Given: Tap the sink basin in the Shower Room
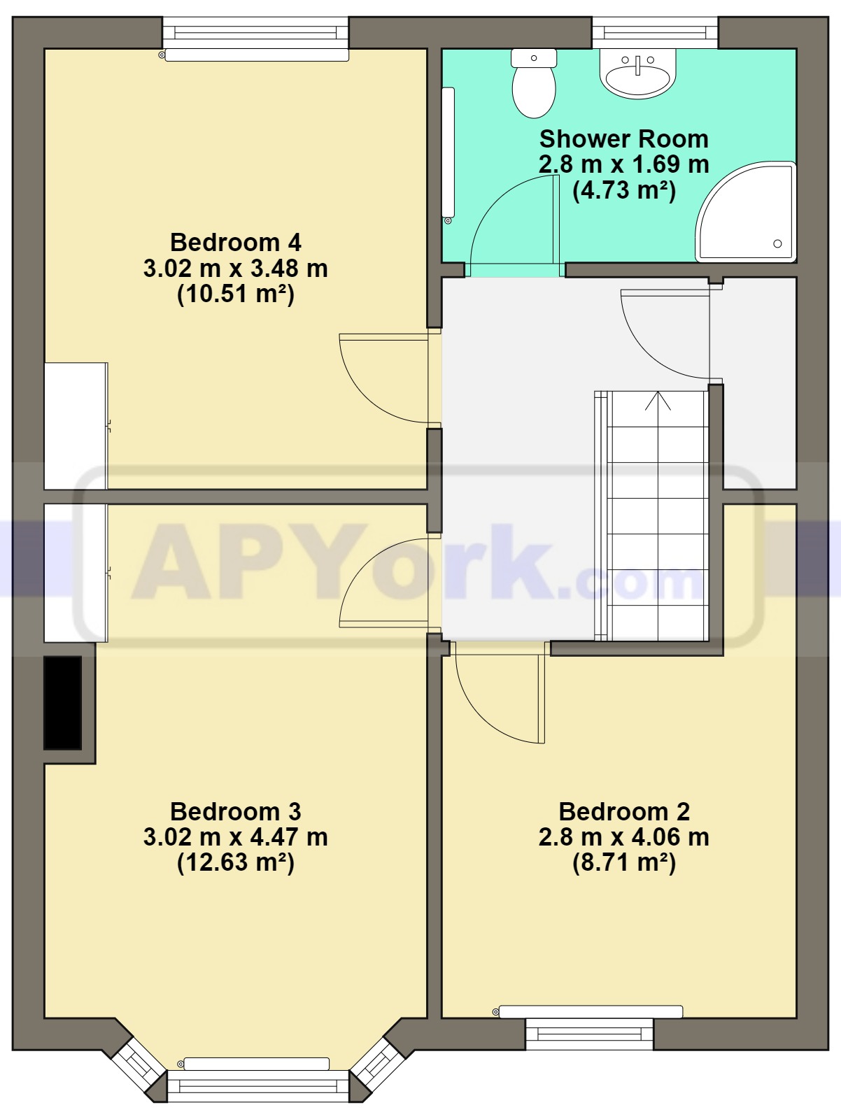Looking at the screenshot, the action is pyautogui.click(x=637, y=74).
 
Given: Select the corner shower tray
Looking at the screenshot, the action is pyautogui.click(x=746, y=211).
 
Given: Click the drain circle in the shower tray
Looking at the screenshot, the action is pyautogui.click(x=777, y=243).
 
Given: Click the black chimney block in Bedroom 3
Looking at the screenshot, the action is pyautogui.click(x=63, y=702).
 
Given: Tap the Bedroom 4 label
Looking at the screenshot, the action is pyautogui.click(x=236, y=242).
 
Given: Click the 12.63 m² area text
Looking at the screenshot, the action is pyautogui.click(x=236, y=864).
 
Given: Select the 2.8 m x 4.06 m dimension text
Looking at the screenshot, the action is pyautogui.click(x=623, y=837).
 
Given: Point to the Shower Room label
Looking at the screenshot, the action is pyautogui.click(x=623, y=138).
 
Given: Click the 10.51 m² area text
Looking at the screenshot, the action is pyautogui.click(x=236, y=294).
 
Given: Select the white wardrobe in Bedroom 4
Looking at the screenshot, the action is pyautogui.click(x=76, y=426).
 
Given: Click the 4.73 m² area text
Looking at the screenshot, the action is pyautogui.click(x=623, y=191).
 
